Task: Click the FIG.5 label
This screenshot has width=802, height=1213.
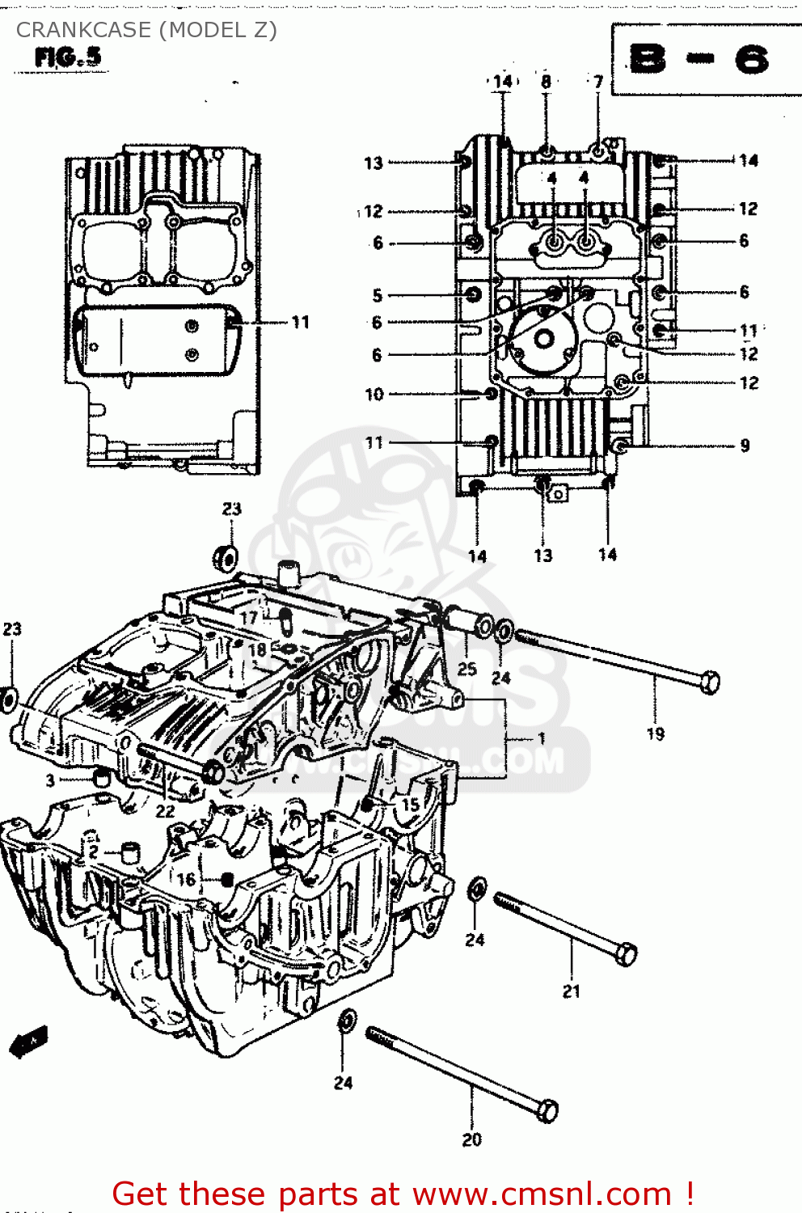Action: coord(68,57)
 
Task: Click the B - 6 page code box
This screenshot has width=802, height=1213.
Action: coord(700,60)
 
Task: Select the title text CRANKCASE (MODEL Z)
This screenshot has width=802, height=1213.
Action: coord(146,30)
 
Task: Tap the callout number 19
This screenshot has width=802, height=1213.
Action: coord(656,734)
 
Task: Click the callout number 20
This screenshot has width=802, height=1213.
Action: coord(472,1139)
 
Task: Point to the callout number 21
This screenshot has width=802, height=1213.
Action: coord(572,991)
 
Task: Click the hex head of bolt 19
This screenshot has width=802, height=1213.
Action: coord(709,682)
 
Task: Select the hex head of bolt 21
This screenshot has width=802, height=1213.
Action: coord(626,954)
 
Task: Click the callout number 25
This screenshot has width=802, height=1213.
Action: coord(467,669)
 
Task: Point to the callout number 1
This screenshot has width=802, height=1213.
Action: coord(542,738)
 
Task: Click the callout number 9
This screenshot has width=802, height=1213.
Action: coord(745,446)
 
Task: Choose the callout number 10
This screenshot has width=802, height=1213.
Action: coord(374,395)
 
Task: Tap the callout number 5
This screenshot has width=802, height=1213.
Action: coord(377,295)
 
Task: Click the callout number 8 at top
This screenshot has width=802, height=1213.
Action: coord(547,82)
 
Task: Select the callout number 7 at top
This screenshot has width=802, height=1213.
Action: coord(598,82)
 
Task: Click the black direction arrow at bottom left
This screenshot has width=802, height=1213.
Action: coord(29,1042)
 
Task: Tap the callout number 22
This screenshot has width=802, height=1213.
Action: coord(165,811)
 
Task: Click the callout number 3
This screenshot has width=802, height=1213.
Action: coord(50,780)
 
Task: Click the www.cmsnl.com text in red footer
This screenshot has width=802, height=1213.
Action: coord(542,1194)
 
